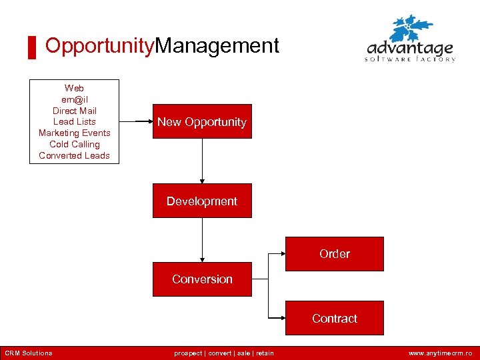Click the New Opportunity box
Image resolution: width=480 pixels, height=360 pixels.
tap(202, 121)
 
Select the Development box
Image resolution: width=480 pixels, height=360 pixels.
tap(202, 201)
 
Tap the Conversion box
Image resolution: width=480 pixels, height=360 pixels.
tap(202, 279)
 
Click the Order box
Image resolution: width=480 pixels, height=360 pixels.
tap(335, 254)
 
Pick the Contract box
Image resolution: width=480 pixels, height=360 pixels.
tap(335, 319)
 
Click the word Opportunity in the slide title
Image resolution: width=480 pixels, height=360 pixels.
tap(99, 46)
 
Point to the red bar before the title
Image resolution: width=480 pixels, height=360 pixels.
tap(31, 48)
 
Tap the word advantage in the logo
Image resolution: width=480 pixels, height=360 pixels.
tap(410, 49)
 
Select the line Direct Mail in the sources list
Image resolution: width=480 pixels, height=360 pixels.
tap(75, 111)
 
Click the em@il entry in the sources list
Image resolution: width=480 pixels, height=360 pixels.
tap(75, 99)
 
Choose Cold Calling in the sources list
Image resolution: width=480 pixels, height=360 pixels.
tap(75, 144)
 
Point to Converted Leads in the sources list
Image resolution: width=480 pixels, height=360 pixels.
tap(75, 155)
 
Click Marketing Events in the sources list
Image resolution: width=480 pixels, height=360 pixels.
tap(75, 133)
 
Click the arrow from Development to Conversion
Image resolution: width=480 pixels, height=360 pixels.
tap(202, 240)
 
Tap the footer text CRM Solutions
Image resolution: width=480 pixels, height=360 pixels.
tap(29, 353)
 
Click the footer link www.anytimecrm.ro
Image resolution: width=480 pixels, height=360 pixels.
tap(440, 353)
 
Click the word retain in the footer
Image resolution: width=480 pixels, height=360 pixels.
tap(264, 353)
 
